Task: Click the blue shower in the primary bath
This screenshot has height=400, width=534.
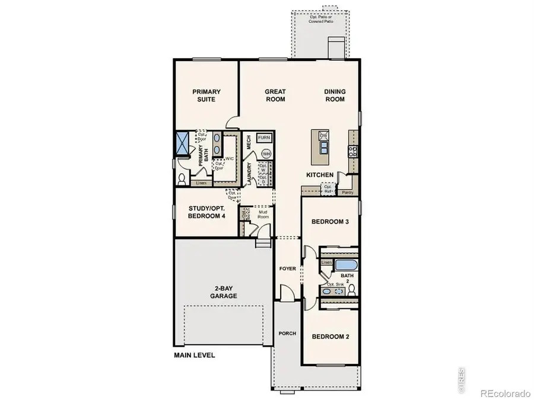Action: (181, 145)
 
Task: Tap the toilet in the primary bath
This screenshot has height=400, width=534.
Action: (182, 177)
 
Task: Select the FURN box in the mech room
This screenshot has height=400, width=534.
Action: (264, 138)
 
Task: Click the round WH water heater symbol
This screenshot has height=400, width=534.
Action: (266, 153)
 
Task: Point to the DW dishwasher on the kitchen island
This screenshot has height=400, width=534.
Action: (323, 136)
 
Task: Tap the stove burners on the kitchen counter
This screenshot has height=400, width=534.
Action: (352, 151)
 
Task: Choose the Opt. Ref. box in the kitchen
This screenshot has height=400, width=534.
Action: (328, 188)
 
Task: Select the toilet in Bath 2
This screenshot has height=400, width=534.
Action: (351, 289)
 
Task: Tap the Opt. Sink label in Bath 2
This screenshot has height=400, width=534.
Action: (335, 284)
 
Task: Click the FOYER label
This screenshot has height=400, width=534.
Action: (287, 269)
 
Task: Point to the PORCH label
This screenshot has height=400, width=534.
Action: (287, 334)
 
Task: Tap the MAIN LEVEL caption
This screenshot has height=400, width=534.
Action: (195, 356)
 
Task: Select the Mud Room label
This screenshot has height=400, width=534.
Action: (263, 215)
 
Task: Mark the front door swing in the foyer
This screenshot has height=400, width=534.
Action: (286, 292)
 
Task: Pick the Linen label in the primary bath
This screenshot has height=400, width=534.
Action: (202, 183)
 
